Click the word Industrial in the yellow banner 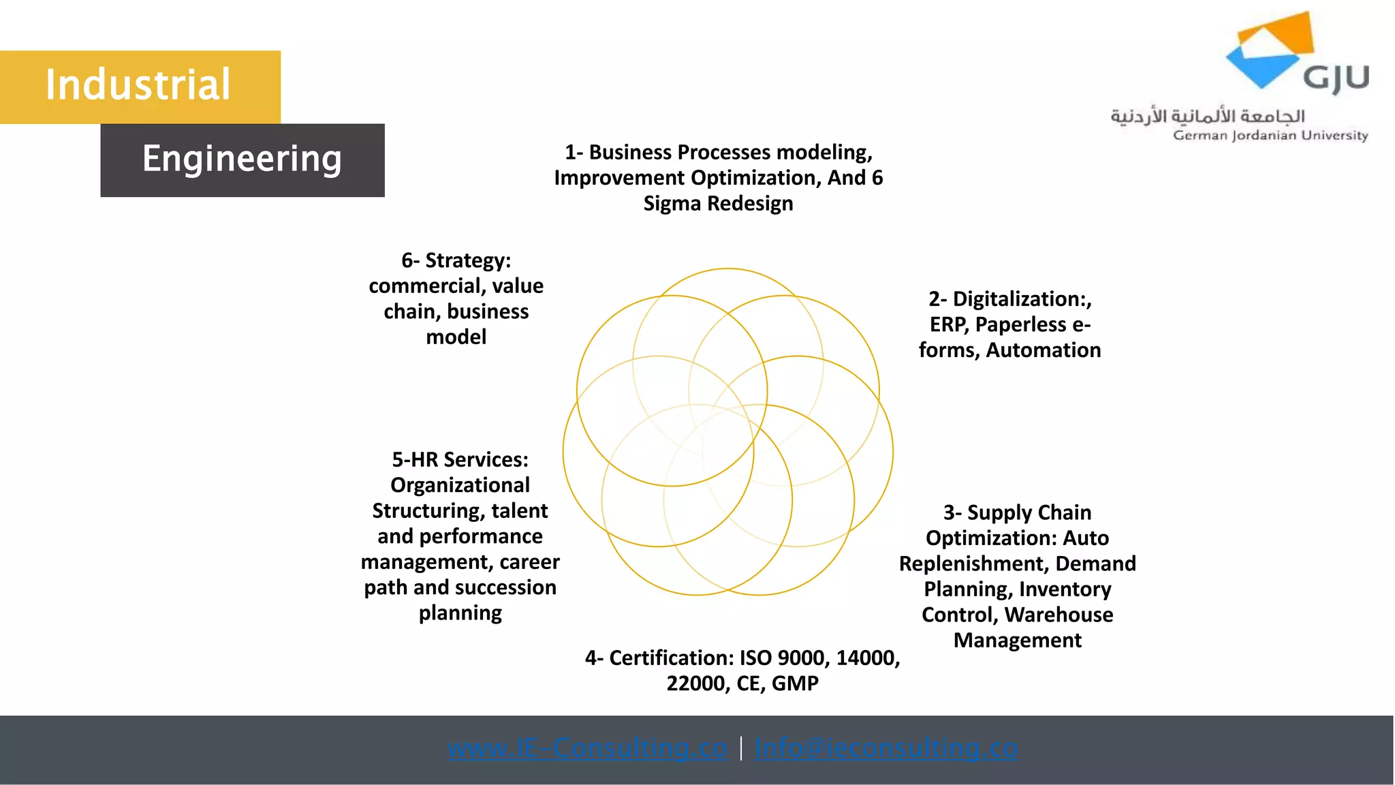coord(138,85)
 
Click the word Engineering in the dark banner coord(242,159)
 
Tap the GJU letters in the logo coord(1336,78)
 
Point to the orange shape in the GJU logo coord(1281,34)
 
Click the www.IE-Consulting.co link coord(587,748)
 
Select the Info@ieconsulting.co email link coord(886,748)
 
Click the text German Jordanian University coord(1270,135)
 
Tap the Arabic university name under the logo coord(1208,116)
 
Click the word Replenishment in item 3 coord(974,564)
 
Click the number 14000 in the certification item coord(867,658)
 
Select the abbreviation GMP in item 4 coord(795,683)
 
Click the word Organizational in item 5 coord(460,485)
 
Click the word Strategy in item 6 coord(467,260)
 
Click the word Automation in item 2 coord(1043,350)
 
